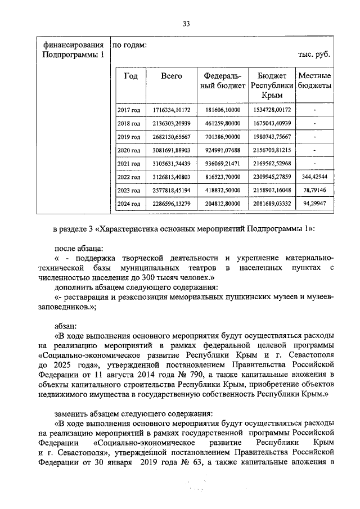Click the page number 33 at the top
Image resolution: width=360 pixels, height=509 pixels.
(187, 23)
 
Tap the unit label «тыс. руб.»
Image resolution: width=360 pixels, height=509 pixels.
(313, 55)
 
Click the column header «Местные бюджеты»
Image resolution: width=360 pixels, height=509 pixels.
(314, 81)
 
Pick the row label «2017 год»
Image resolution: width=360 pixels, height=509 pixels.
(128, 109)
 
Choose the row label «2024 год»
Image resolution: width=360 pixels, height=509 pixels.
(128, 204)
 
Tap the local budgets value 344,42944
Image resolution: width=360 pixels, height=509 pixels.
(314, 177)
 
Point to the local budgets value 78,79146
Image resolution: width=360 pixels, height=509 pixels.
(314, 190)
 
